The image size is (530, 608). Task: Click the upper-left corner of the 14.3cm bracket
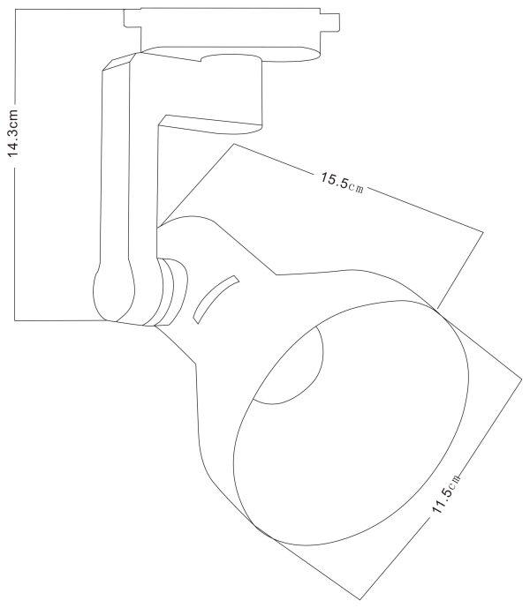tap(17, 10)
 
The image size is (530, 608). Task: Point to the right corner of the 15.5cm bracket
tap(484, 232)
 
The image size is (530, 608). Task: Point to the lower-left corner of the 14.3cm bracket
tap(17, 319)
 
